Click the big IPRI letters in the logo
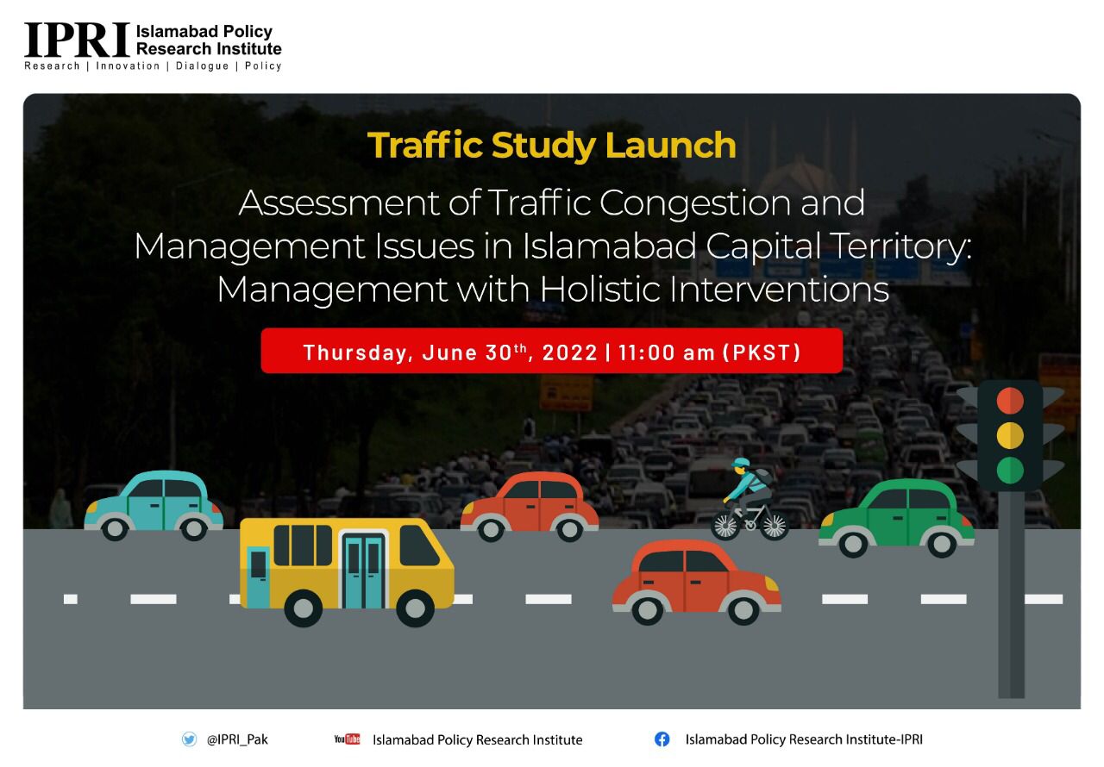click(x=78, y=40)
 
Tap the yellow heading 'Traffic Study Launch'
click(x=551, y=146)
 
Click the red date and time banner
click(x=551, y=351)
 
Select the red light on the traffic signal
click(x=1010, y=400)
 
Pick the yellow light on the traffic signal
click(x=1010, y=435)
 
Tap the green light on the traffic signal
click(x=1010, y=471)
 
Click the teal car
click(x=154, y=506)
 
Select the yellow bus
click(x=347, y=572)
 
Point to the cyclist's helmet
click(x=741, y=463)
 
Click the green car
click(x=896, y=518)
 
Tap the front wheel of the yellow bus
click(x=415, y=608)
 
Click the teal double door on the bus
click(x=364, y=571)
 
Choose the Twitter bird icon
click(x=189, y=739)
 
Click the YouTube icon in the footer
click(x=347, y=739)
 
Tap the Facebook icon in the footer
click(x=662, y=739)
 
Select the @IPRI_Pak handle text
click(x=237, y=739)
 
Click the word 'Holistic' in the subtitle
click(x=599, y=290)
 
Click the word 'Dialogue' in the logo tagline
click(x=202, y=66)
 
